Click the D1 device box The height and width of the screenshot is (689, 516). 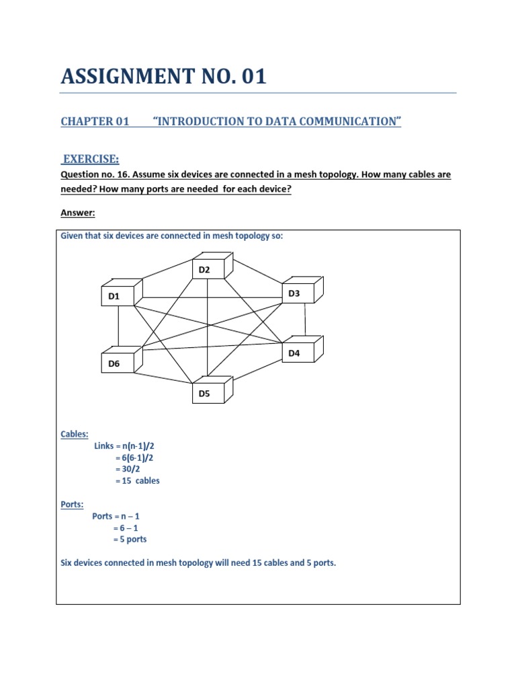[118, 295]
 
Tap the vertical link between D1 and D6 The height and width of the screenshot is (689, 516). [118, 330]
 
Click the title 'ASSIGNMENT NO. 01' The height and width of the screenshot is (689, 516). [163, 77]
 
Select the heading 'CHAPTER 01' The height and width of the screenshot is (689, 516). [94, 121]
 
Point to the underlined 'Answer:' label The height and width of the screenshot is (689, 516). [78, 213]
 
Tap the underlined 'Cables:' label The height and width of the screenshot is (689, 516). [75, 434]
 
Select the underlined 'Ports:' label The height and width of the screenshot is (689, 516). [72, 505]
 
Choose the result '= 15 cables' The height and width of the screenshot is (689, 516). [137, 480]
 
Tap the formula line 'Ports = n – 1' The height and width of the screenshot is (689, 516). [116, 516]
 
